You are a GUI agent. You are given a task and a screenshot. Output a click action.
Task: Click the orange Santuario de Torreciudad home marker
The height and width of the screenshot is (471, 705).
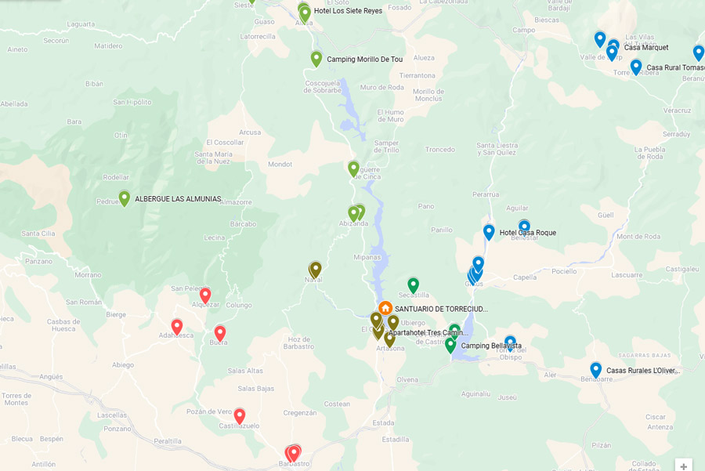coord(385,308)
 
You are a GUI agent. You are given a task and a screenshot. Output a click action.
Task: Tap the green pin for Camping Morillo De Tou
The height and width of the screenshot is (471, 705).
coord(316,58)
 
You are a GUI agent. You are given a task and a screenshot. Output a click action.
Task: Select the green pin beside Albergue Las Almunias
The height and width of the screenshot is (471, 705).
coord(124,198)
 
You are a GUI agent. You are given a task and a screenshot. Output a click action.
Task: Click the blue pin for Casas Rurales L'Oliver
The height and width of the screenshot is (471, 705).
coord(595,369)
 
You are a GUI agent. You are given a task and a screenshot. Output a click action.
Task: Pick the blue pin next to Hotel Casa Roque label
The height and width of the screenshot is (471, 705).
coord(489,231)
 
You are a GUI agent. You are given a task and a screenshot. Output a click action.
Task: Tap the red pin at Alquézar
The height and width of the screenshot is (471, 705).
coord(205,295)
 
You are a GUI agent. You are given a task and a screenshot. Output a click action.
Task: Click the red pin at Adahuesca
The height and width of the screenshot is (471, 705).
coord(177,326)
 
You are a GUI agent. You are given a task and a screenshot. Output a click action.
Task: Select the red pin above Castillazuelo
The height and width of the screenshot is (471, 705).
coord(240,415)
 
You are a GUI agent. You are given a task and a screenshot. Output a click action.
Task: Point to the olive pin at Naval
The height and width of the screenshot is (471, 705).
coord(316,269)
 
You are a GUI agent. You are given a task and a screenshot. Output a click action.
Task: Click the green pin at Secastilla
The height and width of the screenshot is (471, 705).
coord(413,284)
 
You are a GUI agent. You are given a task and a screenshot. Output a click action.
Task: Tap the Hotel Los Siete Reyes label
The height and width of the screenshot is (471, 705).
coord(348,11)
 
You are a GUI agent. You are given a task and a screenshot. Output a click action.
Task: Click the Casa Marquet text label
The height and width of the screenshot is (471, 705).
coord(646,47)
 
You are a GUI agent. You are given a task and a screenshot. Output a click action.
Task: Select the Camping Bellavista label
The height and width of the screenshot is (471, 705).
coord(491,346)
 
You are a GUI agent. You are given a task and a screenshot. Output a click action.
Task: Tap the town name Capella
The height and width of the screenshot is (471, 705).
coord(525,277)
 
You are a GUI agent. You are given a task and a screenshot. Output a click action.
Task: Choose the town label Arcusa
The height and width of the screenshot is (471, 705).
coord(250,132)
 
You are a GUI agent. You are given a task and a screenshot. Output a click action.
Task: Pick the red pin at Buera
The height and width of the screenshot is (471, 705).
coord(220,332)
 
